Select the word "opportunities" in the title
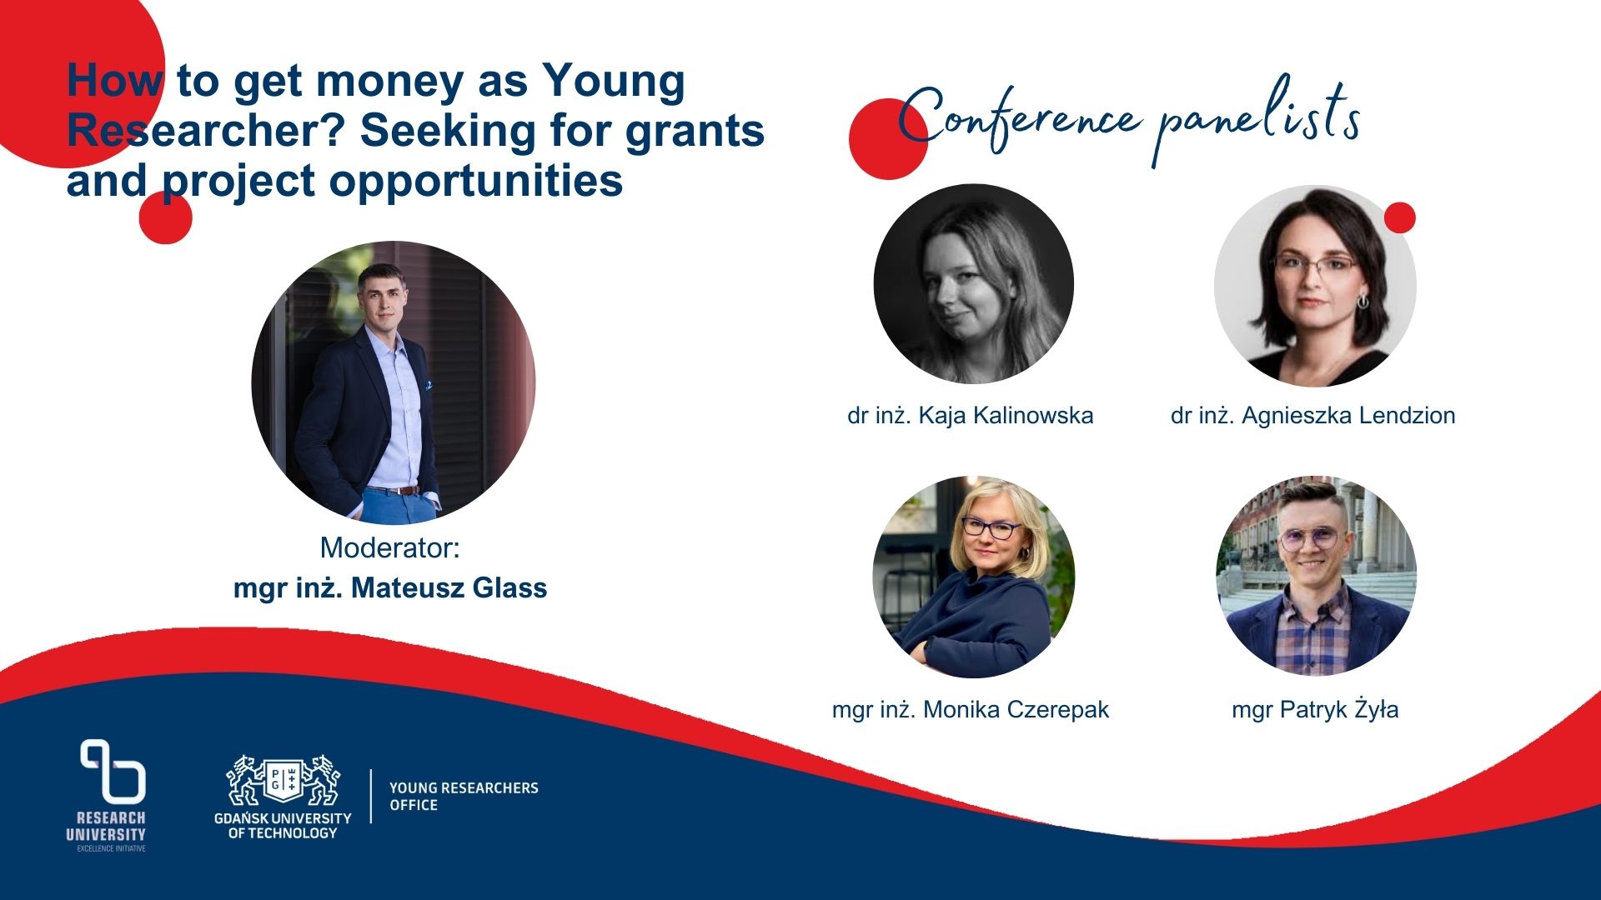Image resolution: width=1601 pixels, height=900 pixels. point(476,182)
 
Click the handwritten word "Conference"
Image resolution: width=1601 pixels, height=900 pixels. point(1019,120)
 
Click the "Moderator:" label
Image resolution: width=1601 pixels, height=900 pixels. point(390,547)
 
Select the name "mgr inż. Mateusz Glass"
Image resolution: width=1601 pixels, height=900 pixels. point(390,588)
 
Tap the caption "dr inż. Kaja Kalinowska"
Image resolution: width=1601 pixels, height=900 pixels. point(971,415)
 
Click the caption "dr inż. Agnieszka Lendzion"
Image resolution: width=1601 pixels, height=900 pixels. point(1313,415)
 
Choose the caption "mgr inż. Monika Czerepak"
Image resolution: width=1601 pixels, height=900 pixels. point(971,709)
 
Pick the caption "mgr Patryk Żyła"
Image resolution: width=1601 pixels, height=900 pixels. point(1315,709)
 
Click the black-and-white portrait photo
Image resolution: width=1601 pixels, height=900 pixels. point(974,284)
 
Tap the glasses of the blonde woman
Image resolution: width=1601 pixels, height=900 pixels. point(991,527)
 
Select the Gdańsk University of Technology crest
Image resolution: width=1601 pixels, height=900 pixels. point(284,781)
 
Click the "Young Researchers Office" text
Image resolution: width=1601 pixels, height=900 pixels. point(464,797)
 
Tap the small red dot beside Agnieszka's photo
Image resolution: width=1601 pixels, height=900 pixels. point(1400,217)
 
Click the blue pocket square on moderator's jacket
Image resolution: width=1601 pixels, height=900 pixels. point(429,386)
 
